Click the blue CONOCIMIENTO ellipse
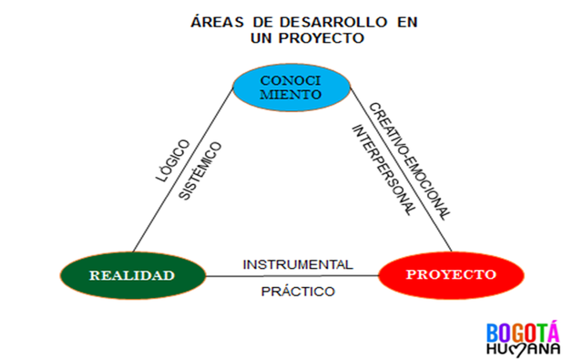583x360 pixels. (x=290, y=87)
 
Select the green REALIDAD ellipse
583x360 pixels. (x=130, y=275)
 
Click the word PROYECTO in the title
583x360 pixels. (x=320, y=38)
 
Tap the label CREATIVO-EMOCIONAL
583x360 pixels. (x=410, y=160)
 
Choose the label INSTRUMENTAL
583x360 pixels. (x=297, y=263)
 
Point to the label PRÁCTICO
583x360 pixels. (x=298, y=291)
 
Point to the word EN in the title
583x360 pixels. (x=382, y=21)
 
